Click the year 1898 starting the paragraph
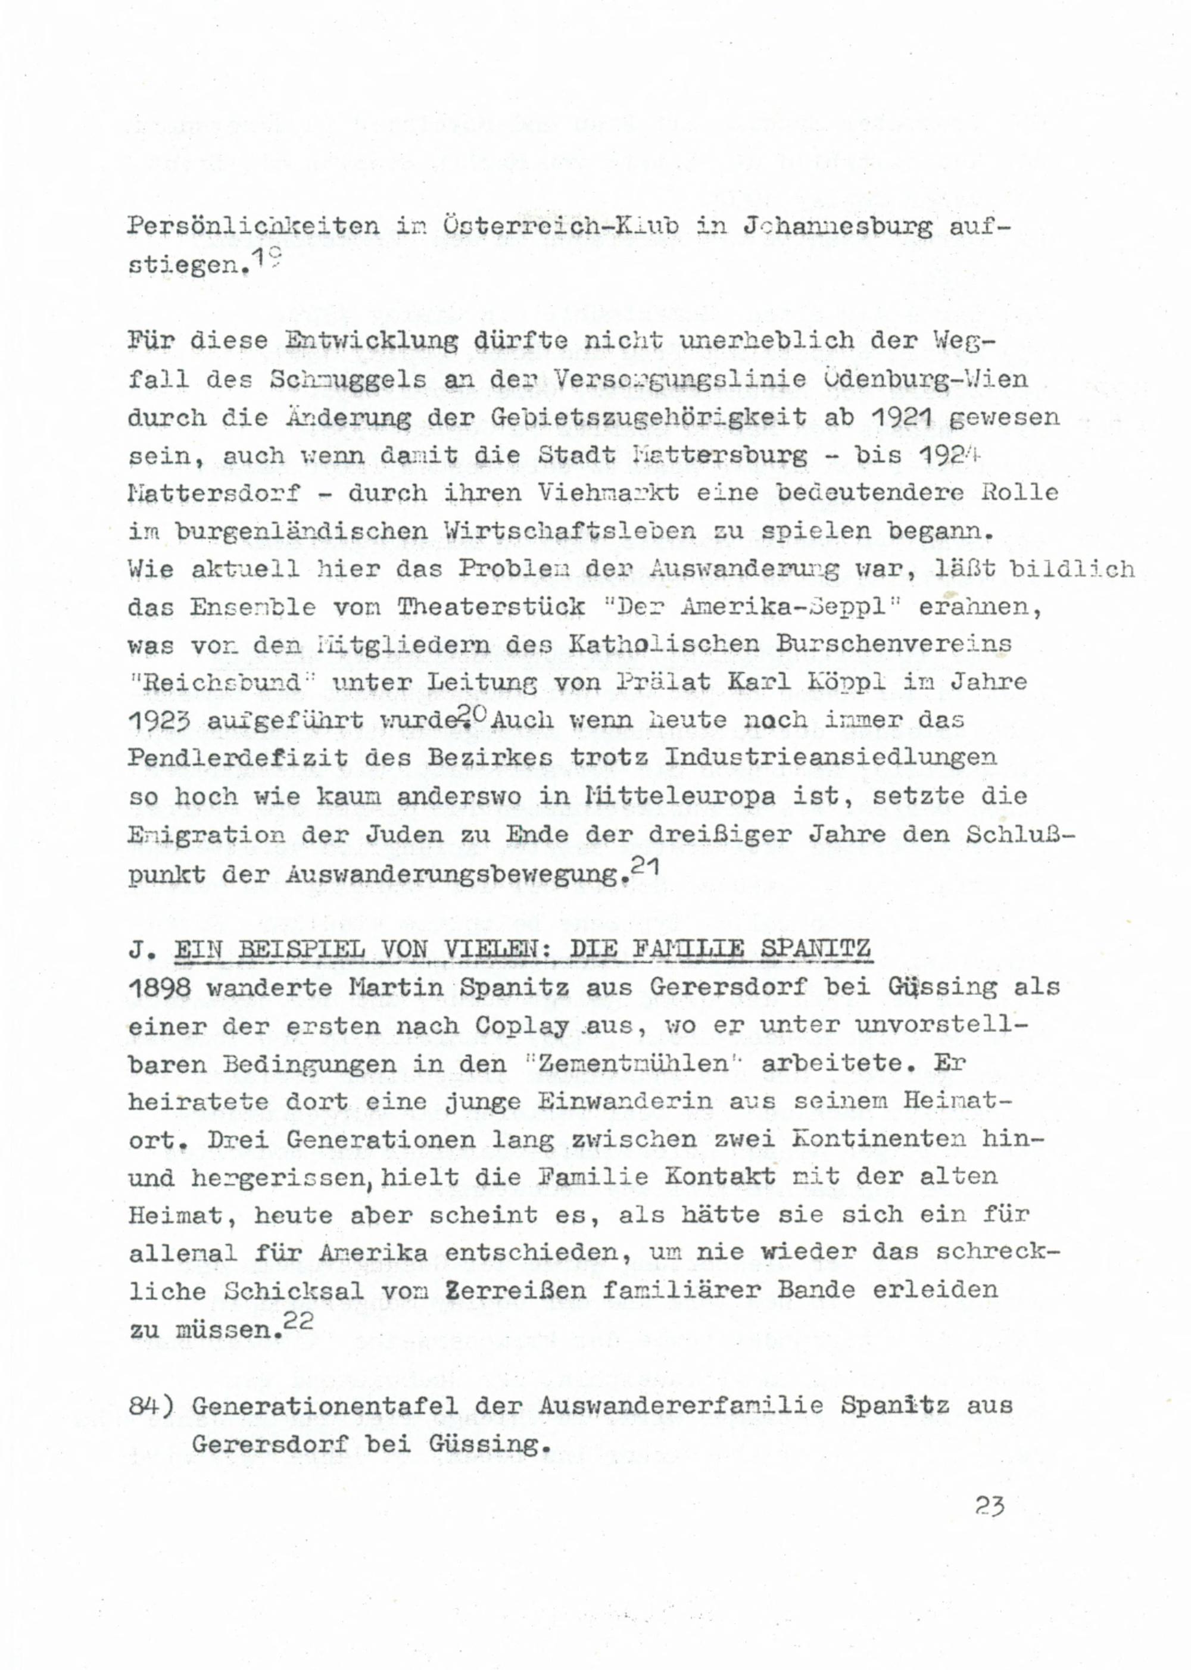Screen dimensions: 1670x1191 coord(159,988)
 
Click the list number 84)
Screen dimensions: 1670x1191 coord(150,1406)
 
